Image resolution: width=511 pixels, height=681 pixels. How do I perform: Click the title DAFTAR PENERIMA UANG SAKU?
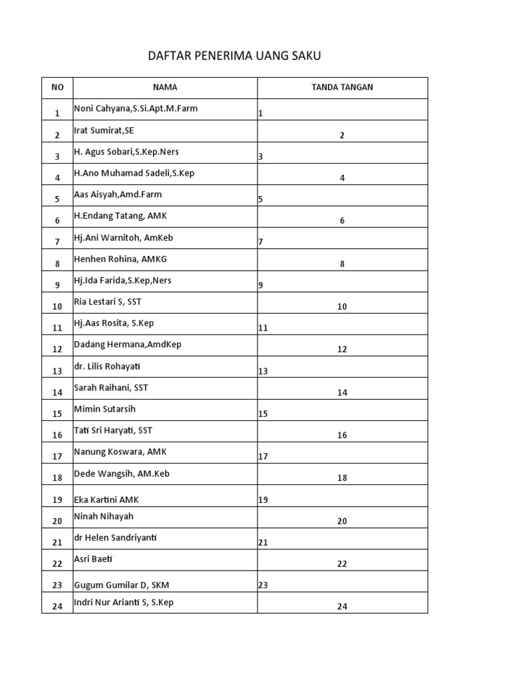tap(234, 56)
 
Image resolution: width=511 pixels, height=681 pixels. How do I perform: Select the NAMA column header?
tap(165, 87)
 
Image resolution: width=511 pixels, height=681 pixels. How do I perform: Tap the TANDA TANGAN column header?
tap(342, 87)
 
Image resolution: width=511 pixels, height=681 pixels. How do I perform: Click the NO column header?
tap(57, 87)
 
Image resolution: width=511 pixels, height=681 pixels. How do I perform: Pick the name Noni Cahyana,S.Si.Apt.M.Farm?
tap(136, 108)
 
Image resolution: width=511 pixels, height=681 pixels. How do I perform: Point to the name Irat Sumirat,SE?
tap(104, 130)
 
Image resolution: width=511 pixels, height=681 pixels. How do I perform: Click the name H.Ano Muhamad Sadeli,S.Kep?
tap(134, 173)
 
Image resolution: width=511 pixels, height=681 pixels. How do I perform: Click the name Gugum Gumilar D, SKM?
tap(118, 585)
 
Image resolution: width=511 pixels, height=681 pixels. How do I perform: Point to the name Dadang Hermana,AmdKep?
tap(128, 344)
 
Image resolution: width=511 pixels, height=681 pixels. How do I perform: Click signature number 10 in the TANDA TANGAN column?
tap(342, 307)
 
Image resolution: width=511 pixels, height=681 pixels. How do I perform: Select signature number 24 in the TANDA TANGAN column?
tap(342, 607)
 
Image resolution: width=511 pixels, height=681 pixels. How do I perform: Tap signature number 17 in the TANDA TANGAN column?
tap(263, 457)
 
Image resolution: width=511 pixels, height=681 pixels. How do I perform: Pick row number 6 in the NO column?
tap(57, 221)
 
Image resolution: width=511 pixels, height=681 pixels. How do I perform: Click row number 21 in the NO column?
tap(57, 543)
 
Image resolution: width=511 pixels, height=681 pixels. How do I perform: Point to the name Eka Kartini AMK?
tap(106, 499)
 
